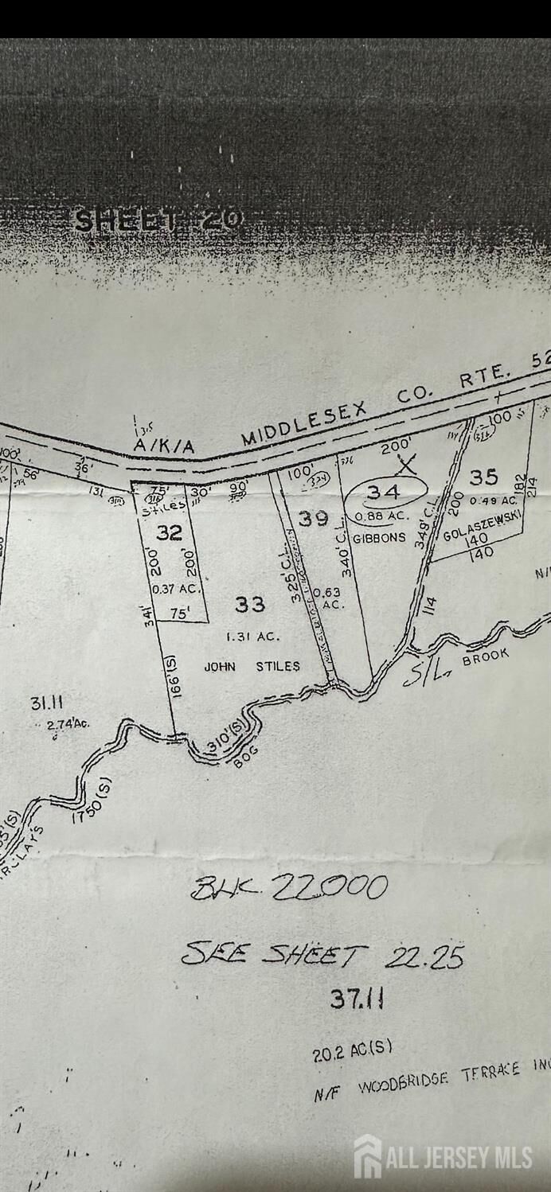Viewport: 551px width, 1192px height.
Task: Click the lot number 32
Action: point(169,532)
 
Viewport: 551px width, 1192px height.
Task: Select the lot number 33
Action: point(250,605)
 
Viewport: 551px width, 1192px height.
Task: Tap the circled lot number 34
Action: point(384,493)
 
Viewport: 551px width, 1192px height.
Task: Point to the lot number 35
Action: point(483,477)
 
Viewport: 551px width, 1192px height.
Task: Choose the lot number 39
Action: point(313,518)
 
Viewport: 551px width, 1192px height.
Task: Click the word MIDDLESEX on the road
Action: point(303,423)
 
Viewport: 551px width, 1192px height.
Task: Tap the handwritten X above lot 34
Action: point(408,463)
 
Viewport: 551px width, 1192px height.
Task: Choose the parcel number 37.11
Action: point(357,999)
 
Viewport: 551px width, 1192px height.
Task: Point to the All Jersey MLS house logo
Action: point(368,1156)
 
